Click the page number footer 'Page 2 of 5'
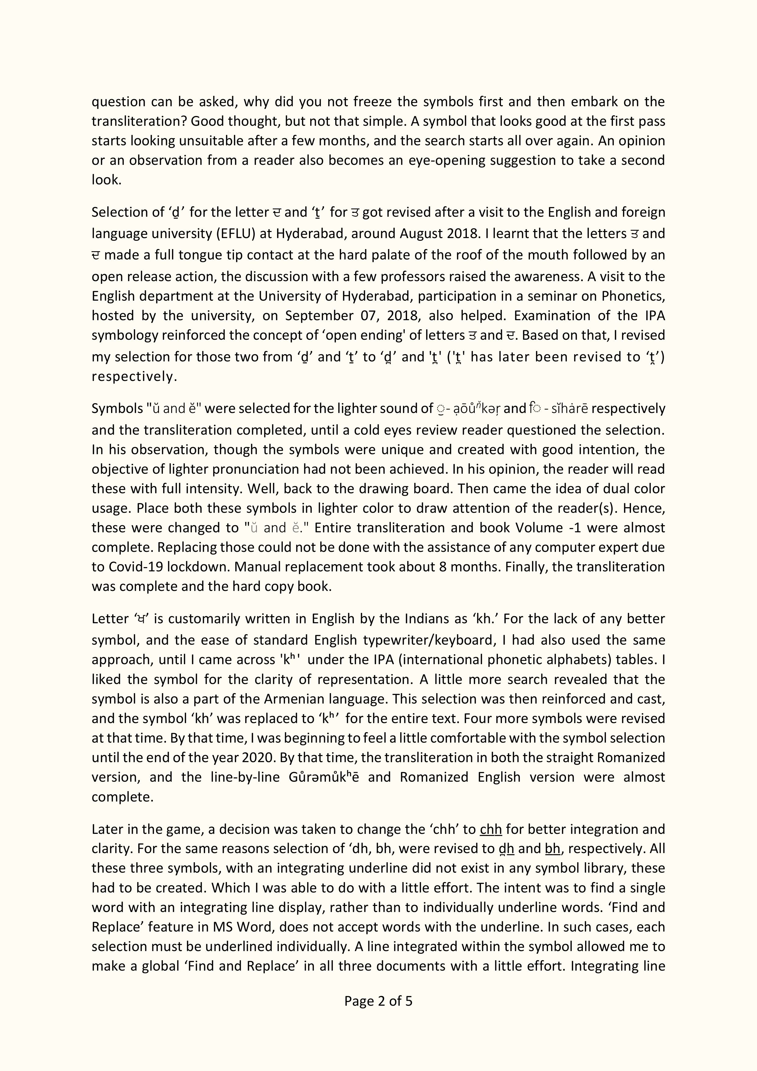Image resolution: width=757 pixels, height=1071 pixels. (378, 1000)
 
